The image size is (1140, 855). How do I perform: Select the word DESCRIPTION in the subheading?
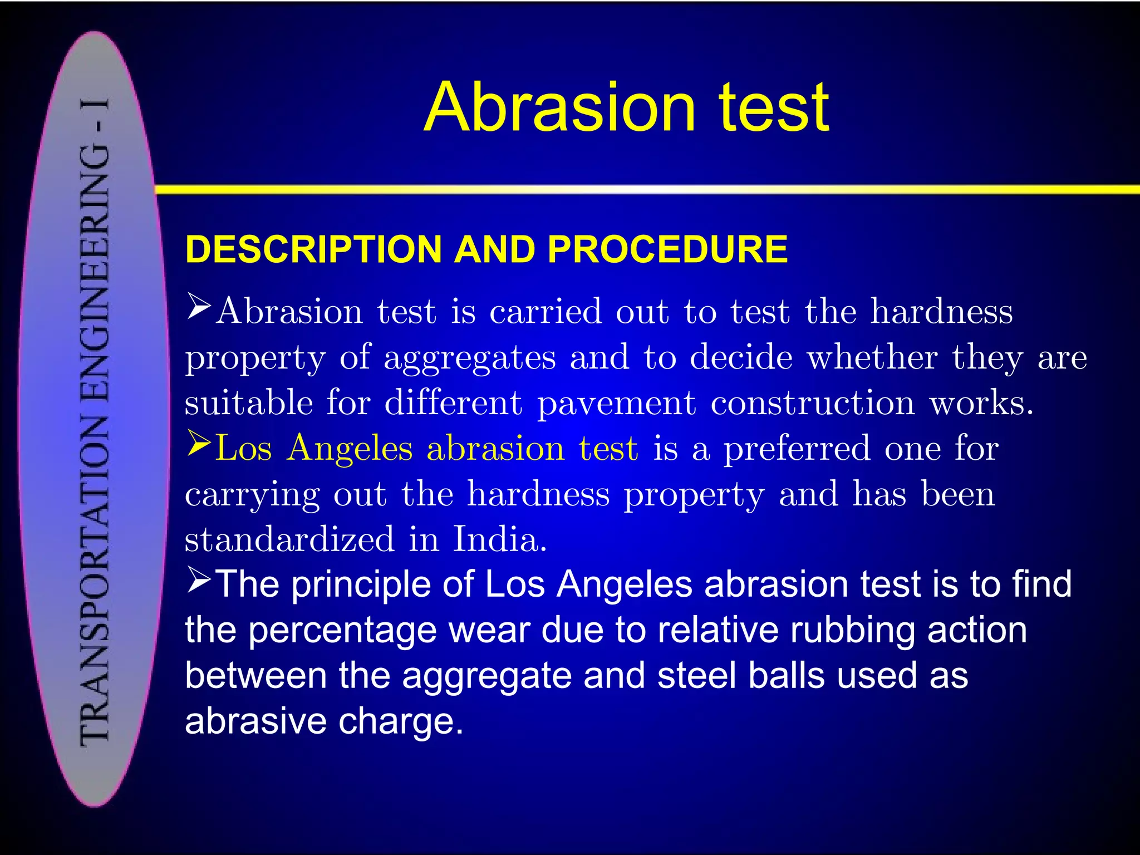coord(314,249)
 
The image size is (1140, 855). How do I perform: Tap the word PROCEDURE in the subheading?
coord(667,249)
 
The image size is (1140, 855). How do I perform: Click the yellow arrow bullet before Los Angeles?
coord(199,444)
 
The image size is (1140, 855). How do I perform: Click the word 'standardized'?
coord(289,539)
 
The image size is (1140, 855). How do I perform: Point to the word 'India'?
coord(499,539)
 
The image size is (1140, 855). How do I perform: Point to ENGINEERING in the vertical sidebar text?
coord(95,273)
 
